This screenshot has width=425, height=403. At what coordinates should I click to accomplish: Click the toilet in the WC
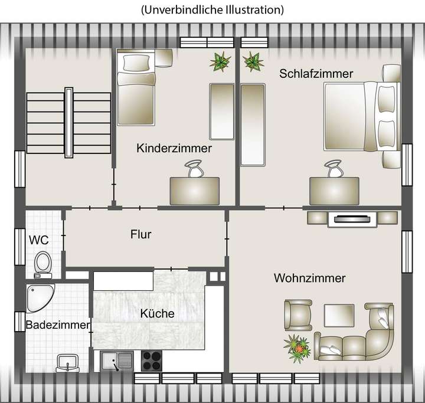42,263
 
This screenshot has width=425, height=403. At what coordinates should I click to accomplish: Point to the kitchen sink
115,360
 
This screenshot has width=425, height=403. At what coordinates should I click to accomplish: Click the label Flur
141,234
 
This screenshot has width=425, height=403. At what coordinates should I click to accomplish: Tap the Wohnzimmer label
309,278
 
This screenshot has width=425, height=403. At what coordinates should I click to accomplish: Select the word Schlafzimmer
316,74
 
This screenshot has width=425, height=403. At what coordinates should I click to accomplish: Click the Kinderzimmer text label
174,148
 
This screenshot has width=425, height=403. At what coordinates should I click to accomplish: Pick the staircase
69,123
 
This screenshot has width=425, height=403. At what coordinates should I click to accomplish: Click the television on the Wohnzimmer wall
353,219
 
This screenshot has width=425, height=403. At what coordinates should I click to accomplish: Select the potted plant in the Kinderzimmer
220,61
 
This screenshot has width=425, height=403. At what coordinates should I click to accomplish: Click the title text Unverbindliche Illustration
212,10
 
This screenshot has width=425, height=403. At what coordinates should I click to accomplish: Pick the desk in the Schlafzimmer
334,191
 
